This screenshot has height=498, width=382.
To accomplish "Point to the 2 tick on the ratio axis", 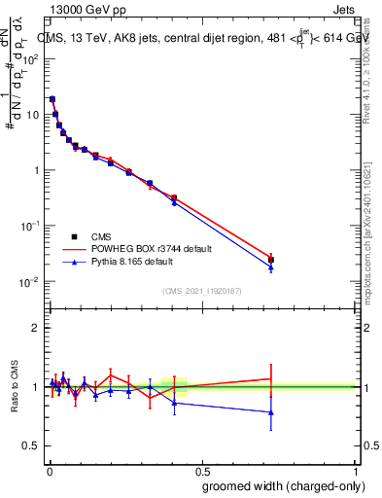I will tap(33, 328).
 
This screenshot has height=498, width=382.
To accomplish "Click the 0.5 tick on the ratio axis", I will tap(29, 446).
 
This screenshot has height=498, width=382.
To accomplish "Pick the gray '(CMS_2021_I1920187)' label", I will tap(200, 291).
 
